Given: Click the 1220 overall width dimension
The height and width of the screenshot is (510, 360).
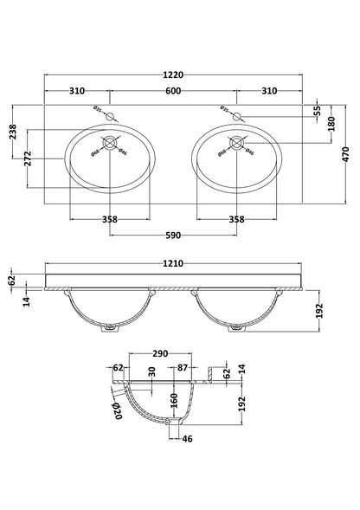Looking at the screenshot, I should click(174, 74).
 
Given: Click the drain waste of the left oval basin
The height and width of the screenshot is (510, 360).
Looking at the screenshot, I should click(111, 145).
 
